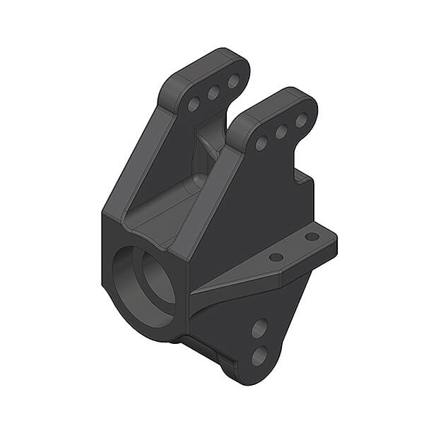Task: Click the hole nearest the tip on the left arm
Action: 233,81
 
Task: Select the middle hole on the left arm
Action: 213,93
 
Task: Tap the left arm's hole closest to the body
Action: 193,105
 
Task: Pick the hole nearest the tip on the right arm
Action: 301,120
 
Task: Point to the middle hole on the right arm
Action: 281,131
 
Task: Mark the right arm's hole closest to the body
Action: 261,143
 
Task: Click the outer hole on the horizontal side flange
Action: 312,237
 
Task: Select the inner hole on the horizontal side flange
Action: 277,257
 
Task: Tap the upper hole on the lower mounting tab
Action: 259,328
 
